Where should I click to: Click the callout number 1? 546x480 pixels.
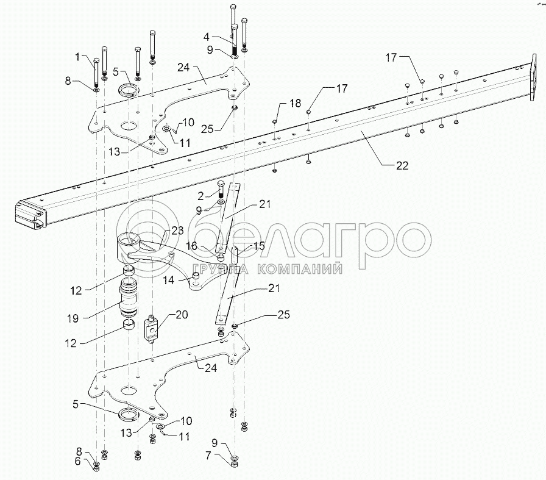(77, 58)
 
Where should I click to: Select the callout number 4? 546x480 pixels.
(223, 37)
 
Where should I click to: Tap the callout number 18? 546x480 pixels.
(295, 104)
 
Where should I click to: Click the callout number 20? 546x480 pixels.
(182, 315)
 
